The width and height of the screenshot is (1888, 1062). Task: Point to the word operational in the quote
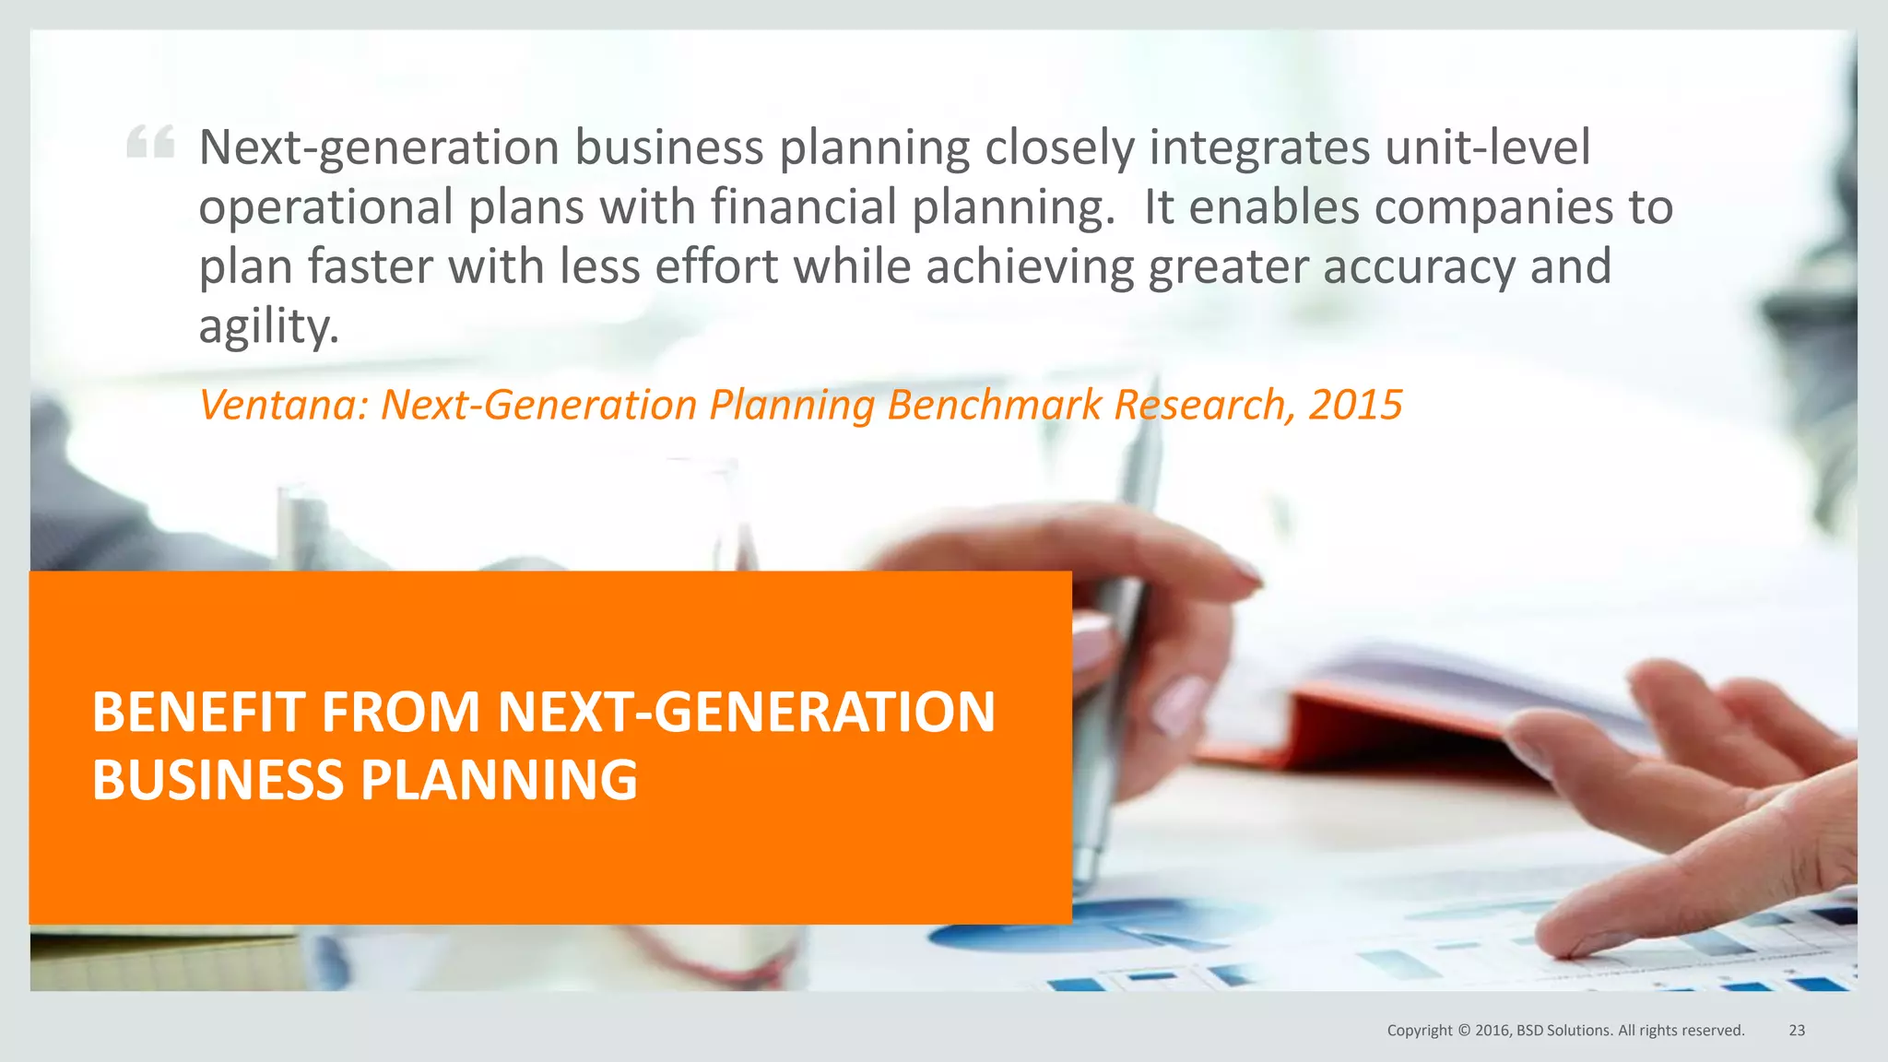tap(325, 207)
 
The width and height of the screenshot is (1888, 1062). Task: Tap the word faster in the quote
tap(370, 266)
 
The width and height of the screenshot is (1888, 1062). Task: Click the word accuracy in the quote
tap(1419, 267)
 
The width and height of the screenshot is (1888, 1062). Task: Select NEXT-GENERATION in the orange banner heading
tap(746, 712)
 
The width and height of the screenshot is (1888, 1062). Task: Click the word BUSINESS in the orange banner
tap(218, 780)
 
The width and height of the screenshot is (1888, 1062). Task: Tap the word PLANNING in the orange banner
tap(498, 780)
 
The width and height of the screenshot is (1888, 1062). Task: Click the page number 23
tap(1797, 1031)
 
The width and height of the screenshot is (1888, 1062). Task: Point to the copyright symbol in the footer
tap(1463, 1031)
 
